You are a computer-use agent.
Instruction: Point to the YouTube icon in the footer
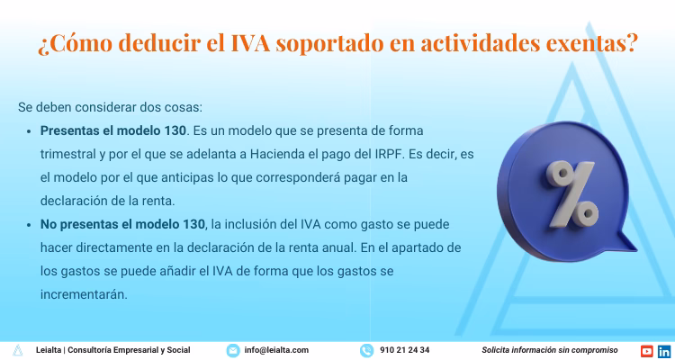pos(646,350)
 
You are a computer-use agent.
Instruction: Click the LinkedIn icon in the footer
pos(663,350)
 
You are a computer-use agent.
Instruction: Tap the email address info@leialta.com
pos(276,350)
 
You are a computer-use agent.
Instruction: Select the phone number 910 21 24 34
pos(404,350)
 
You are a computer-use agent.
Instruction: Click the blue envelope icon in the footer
pos(233,350)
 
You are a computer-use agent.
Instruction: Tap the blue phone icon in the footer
pos(366,350)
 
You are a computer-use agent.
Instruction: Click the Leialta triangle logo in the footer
pos(18,350)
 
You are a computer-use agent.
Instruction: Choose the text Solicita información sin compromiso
pos(550,350)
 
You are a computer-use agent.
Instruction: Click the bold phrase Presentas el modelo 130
pos(113,130)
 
